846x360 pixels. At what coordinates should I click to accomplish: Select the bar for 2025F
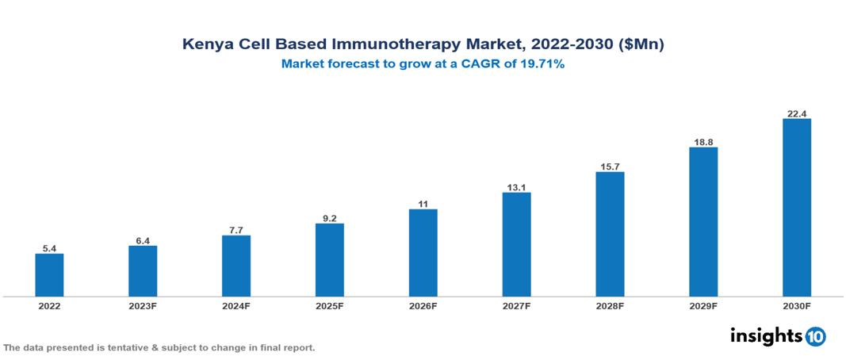coord(330,260)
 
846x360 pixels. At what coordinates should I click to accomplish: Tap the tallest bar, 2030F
coord(797,208)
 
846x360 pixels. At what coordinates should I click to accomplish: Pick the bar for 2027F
coord(517,244)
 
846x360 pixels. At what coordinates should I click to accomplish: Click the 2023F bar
coord(143,271)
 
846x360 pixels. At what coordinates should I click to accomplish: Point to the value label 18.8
coord(703,142)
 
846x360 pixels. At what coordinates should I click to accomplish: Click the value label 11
coord(423,204)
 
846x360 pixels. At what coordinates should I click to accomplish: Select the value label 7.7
coord(236,230)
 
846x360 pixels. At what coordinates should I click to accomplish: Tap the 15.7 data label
coord(610,167)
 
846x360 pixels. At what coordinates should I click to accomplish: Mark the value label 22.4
coord(797,113)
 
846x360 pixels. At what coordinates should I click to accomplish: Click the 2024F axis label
coord(236,306)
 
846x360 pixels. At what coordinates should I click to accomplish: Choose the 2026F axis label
coord(423,306)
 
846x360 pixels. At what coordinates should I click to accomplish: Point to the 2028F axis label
coord(610,306)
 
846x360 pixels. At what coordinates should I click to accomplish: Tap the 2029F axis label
coord(703,306)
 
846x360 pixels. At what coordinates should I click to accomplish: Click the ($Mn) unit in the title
coord(641,45)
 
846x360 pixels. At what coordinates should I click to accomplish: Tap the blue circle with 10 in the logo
coord(815,336)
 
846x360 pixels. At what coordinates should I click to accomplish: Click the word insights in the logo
coord(766,335)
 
